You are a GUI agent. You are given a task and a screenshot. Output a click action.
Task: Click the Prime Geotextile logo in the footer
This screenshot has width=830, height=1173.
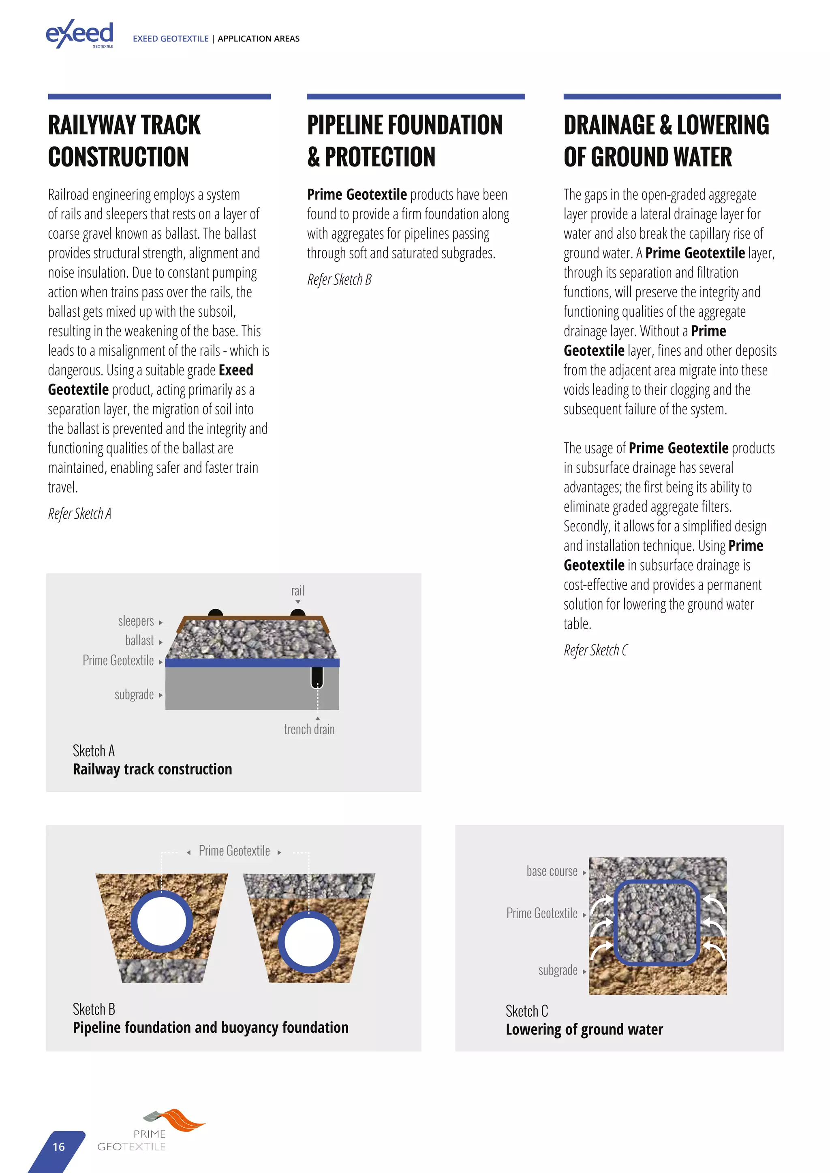click(x=151, y=1130)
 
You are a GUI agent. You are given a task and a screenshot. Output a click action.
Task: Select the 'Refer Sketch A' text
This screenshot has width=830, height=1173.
click(x=79, y=514)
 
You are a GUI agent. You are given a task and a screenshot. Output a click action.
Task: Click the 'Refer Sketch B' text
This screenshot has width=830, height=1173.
click(x=339, y=279)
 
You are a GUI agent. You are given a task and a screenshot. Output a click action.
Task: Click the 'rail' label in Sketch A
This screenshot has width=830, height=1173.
click(x=297, y=591)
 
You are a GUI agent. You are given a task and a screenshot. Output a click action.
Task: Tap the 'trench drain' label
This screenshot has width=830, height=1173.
click(x=309, y=729)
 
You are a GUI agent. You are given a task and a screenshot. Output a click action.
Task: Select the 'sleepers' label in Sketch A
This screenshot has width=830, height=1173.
click(x=135, y=621)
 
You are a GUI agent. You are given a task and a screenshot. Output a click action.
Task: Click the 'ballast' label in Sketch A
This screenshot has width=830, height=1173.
click(x=139, y=641)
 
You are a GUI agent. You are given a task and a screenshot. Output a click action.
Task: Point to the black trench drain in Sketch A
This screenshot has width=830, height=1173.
click(x=317, y=677)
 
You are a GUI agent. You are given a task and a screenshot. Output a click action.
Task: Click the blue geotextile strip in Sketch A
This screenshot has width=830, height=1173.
click(x=252, y=663)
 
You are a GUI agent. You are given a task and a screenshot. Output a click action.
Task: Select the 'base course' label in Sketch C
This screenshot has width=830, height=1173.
click(x=552, y=872)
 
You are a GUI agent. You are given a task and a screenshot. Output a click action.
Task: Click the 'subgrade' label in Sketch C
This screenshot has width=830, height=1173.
click(x=558, y=970)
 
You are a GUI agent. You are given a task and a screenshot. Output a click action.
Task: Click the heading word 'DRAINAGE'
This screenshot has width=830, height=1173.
click(x=609, y=126)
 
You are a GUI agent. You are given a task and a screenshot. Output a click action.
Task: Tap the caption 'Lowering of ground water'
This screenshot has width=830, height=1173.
click(x=584, y=1030)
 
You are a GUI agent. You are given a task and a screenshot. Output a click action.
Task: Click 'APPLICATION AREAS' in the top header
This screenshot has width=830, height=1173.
click(x=259, y=39)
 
